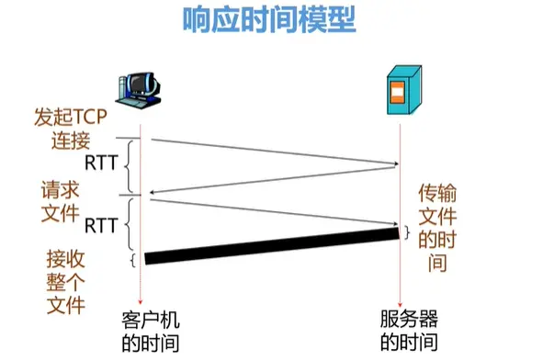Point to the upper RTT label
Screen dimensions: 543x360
click(100, 163)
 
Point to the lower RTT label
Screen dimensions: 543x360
click(100, 223)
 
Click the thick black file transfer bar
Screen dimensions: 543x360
click(271, 245)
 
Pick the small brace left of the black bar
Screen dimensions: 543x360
click(133, 260)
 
